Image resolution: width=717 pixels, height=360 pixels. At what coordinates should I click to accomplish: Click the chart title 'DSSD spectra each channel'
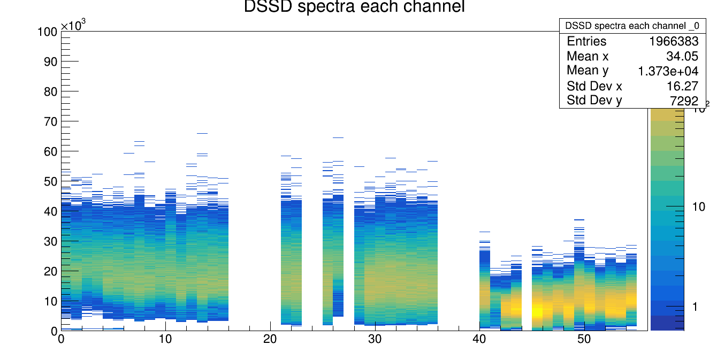354,7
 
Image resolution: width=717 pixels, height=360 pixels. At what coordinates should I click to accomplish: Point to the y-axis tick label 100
47,32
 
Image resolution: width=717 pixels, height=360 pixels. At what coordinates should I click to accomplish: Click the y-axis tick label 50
50,182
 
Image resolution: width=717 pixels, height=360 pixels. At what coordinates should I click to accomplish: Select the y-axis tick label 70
50,122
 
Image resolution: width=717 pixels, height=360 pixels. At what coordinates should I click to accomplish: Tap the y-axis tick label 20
50,272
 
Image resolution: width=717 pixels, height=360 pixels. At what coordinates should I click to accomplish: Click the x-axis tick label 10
165,339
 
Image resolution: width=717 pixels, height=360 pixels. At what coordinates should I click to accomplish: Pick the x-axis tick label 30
375,339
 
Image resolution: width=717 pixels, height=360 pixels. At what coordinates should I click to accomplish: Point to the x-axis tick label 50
584,339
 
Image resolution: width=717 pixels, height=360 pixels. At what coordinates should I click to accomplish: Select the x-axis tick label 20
270,339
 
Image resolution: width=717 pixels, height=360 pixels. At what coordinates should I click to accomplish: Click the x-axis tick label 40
479,339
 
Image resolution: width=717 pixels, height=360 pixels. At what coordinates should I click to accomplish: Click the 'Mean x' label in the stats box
588,56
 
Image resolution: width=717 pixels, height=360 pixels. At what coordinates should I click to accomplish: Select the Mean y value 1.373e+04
668,71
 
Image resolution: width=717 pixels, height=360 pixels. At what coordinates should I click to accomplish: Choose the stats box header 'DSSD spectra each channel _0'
632,26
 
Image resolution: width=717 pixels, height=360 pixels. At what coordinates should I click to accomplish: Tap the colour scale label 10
698,207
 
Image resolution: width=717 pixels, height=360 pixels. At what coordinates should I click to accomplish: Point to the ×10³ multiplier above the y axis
73,26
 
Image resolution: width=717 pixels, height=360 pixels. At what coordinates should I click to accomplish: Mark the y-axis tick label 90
50,62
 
